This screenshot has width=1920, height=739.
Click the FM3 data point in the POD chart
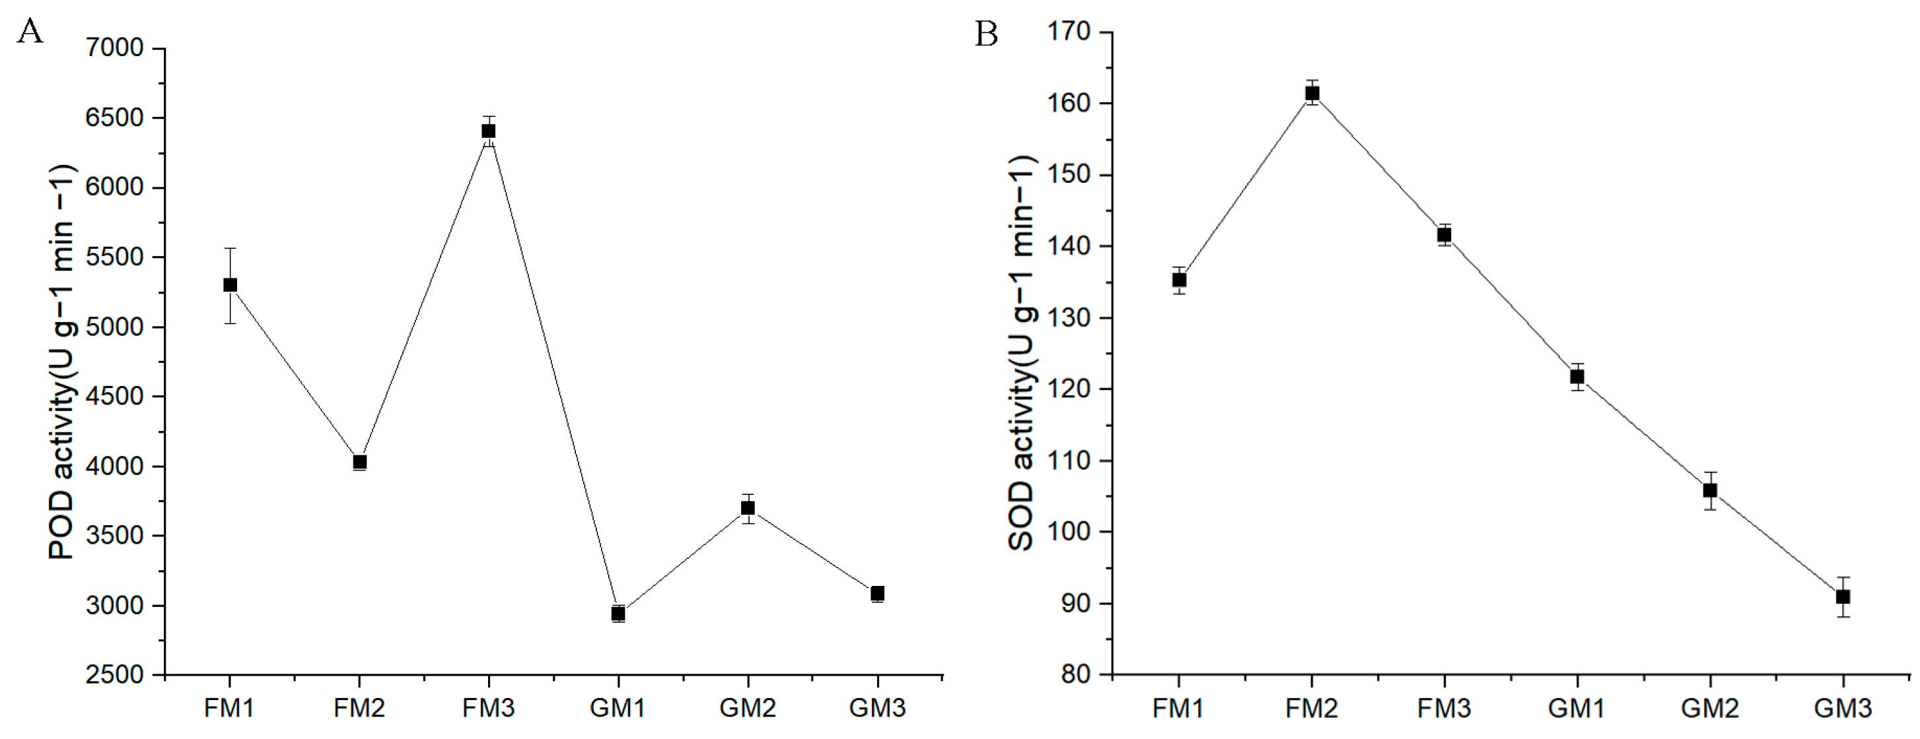[x=488, y=131]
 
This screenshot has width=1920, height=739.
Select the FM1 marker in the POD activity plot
[x=231, y=284]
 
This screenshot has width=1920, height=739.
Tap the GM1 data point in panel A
[x=618, y=613]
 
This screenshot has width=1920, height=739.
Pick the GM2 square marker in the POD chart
[x=748, y=508]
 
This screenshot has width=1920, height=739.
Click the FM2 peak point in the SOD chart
[x=1312, y=93]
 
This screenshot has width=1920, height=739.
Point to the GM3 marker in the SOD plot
[x=1843, y=596]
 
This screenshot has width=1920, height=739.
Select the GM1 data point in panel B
[x=1577, y=376]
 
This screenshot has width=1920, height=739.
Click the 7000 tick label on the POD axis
[x=114, y=48]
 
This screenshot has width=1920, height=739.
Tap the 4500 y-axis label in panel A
[x=114, y=397]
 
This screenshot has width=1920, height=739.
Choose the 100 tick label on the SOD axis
[x=1068, y=532]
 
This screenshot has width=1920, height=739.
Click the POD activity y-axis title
[x=61, y=362]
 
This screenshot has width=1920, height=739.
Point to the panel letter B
[x=986, y=34]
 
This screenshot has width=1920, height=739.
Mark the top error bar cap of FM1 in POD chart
[x=231, y=248]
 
